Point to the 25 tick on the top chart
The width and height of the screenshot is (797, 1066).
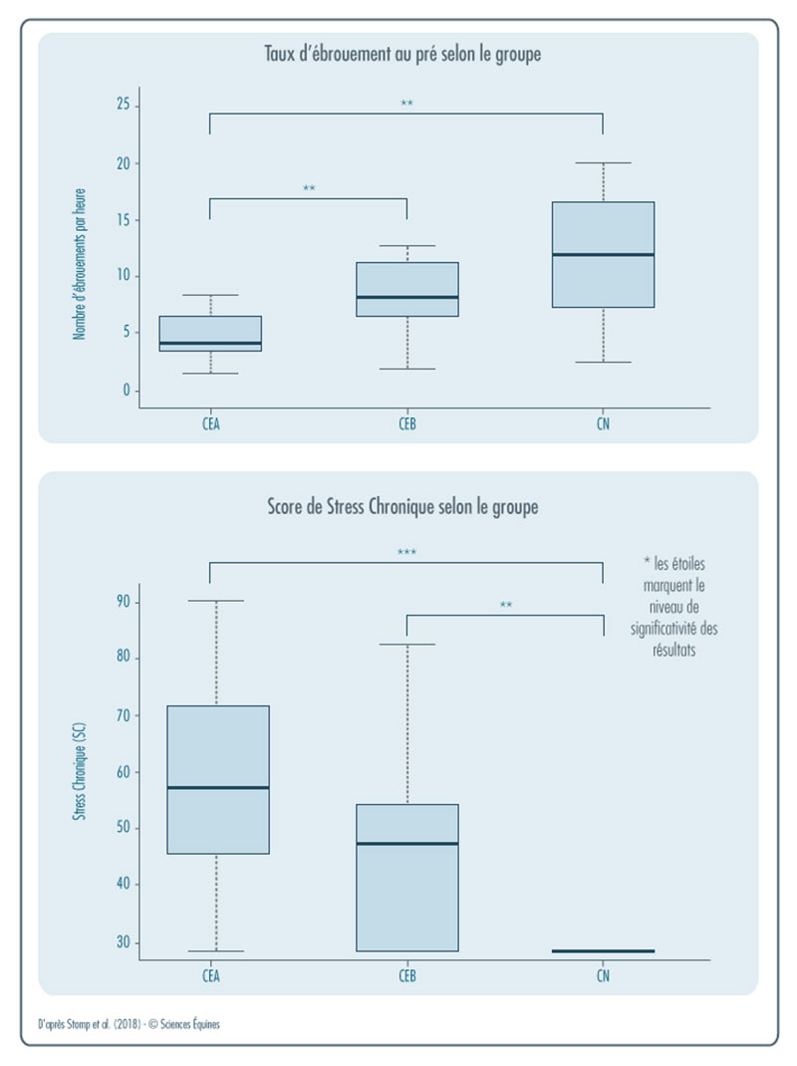tap(124, 106)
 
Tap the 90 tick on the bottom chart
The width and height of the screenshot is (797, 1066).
tap(124, 601)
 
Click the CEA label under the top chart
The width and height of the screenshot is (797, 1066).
tap(210, 423)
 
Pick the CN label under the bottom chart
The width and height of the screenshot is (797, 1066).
tap(603, 976)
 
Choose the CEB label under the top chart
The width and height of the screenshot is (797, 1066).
tap(406, 423)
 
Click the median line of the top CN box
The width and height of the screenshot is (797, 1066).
tap(603, 255)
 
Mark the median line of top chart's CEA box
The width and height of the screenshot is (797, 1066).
tap(210, 344)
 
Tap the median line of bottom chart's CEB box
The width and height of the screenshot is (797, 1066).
tap(406, 844)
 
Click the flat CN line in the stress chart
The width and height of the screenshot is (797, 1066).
tap(603, 951)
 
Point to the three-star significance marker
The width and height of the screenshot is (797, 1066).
tap(406, 551)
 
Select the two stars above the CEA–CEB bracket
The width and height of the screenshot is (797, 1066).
tap(309, 188)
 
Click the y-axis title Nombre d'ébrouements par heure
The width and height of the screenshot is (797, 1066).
tap(80, 263)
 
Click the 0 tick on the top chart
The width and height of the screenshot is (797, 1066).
tap(126, 391)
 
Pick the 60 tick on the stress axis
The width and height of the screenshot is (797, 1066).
tap(124, 771)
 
